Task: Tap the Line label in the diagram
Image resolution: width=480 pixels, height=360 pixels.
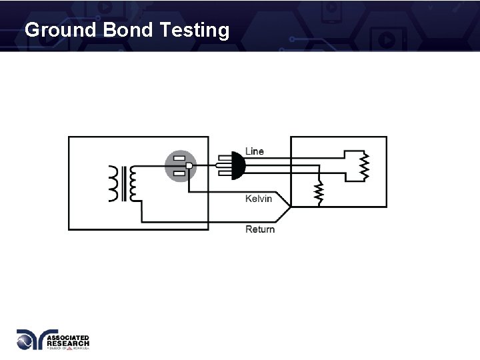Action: click(x=255, y=151)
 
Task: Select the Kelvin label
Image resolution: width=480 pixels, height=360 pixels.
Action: click(x=259, y=199)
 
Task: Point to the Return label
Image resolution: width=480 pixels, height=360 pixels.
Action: click(x=260, y=229)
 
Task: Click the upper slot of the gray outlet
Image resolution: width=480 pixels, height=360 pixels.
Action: click(x=179, y=158)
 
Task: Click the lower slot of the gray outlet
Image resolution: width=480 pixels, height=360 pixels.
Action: click(x=179, y=174)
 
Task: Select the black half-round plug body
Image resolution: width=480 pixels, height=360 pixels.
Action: click(x=236, y=165)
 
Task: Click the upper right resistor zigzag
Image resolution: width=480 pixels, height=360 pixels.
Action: click(x=363, y=166)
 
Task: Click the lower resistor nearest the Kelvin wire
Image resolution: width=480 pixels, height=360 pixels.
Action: click(x=319, y=192)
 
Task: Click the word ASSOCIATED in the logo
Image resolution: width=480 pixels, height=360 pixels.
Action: click(x=68, y=338)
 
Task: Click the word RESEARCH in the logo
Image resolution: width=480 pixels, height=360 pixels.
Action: click(x=67, y=343)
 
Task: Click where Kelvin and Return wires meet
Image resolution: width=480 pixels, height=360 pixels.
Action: click(x=291, y=207)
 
